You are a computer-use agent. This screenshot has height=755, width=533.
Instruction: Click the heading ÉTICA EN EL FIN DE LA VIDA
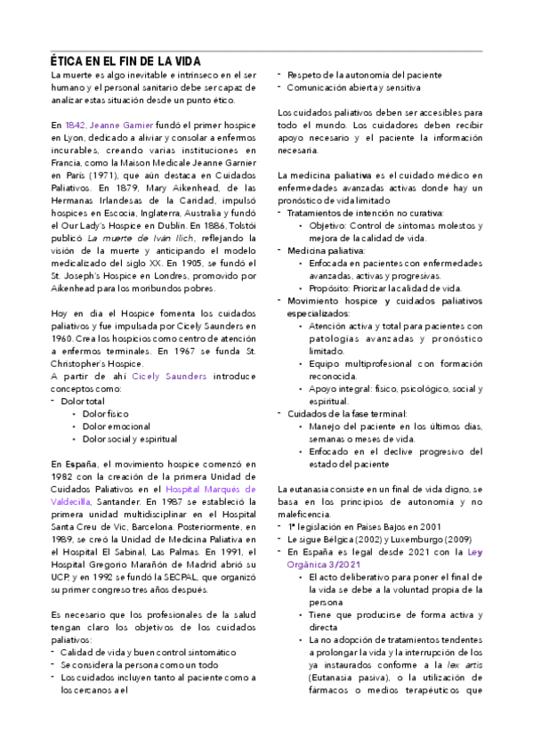pos(125,61)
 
